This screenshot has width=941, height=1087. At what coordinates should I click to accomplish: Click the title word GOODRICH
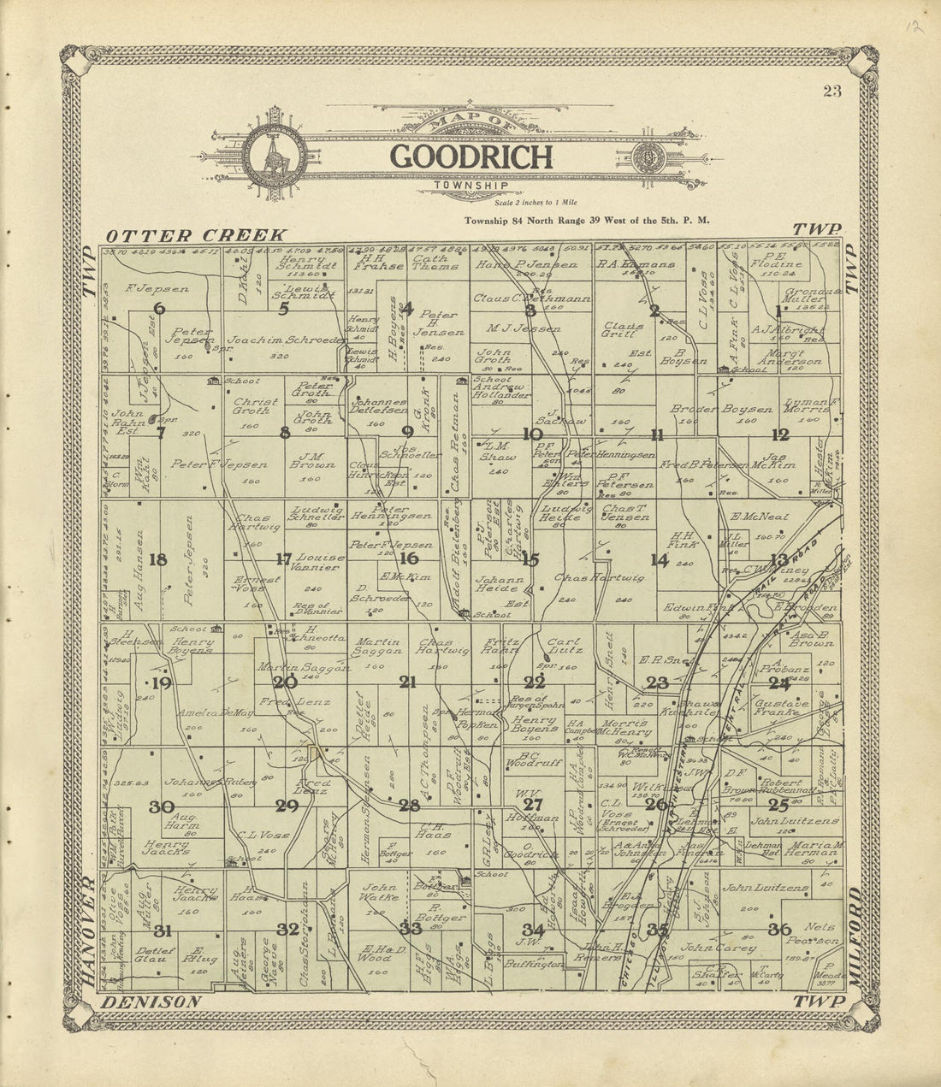(x=470, y=157)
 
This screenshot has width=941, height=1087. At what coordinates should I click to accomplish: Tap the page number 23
(x=831, y=92)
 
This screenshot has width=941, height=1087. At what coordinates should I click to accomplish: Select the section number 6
(x=158, y=309)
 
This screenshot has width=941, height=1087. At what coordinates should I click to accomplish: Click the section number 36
(x=778, y=929)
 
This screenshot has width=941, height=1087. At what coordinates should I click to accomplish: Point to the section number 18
(x=157, y=560)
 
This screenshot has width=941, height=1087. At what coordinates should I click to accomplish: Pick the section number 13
(x=778, y=560)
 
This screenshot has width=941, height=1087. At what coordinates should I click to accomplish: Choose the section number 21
(x=407, y=682)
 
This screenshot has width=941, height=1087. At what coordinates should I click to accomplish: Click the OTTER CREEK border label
(x=195, y=234)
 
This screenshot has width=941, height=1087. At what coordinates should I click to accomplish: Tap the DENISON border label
(x=151, y=1001)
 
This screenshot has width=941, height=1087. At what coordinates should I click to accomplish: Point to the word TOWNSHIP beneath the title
(x=470, y=185)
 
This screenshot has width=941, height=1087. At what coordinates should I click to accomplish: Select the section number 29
(x=287, y=806)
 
